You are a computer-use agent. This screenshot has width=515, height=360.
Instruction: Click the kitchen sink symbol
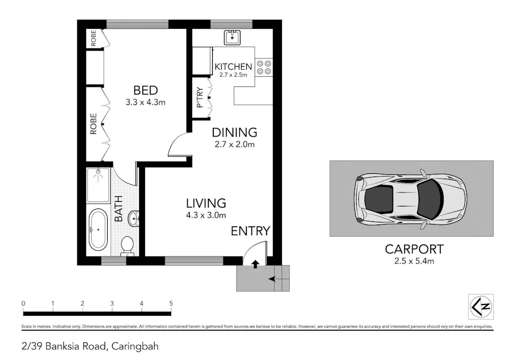click(x=232, y=37)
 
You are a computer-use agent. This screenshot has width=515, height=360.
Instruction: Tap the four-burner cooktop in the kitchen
click(x=263, y=66)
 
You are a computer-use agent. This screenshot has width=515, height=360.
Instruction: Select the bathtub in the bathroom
click(x=98, y=230)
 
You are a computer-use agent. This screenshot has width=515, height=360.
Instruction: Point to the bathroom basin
click(x=135, y=217)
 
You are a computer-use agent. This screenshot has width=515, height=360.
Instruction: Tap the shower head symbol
click(x=98, y=173)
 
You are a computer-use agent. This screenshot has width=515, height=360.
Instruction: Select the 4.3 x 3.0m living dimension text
click(x=206, y=215)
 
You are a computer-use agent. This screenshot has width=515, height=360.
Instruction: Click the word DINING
click(x=234, y=132)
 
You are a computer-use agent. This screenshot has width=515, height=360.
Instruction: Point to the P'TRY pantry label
click(x=200, y=98)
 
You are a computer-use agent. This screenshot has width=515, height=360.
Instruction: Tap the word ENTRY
click(x=250, y=231)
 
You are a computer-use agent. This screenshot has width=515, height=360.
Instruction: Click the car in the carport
click(x=410, y=198)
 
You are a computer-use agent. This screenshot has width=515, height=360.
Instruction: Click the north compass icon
click(x=480, y=307)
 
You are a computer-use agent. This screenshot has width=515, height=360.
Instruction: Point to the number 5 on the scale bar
click(x=171, y=303)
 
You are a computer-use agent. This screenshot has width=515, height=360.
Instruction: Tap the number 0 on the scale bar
click(x=23, y=303)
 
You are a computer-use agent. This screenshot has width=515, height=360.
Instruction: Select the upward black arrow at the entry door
click(x=255, y=263)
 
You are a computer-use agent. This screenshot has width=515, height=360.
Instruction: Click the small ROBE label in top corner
click(x=93, y=39)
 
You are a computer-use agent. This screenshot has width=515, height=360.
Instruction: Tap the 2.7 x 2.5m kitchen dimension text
click(x=233, y=75)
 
